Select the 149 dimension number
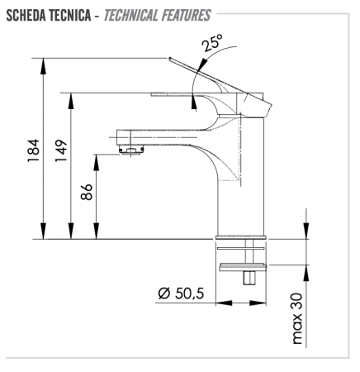coord(62,152)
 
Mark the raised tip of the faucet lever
coord(173,60)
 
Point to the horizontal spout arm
coord(157,133)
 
